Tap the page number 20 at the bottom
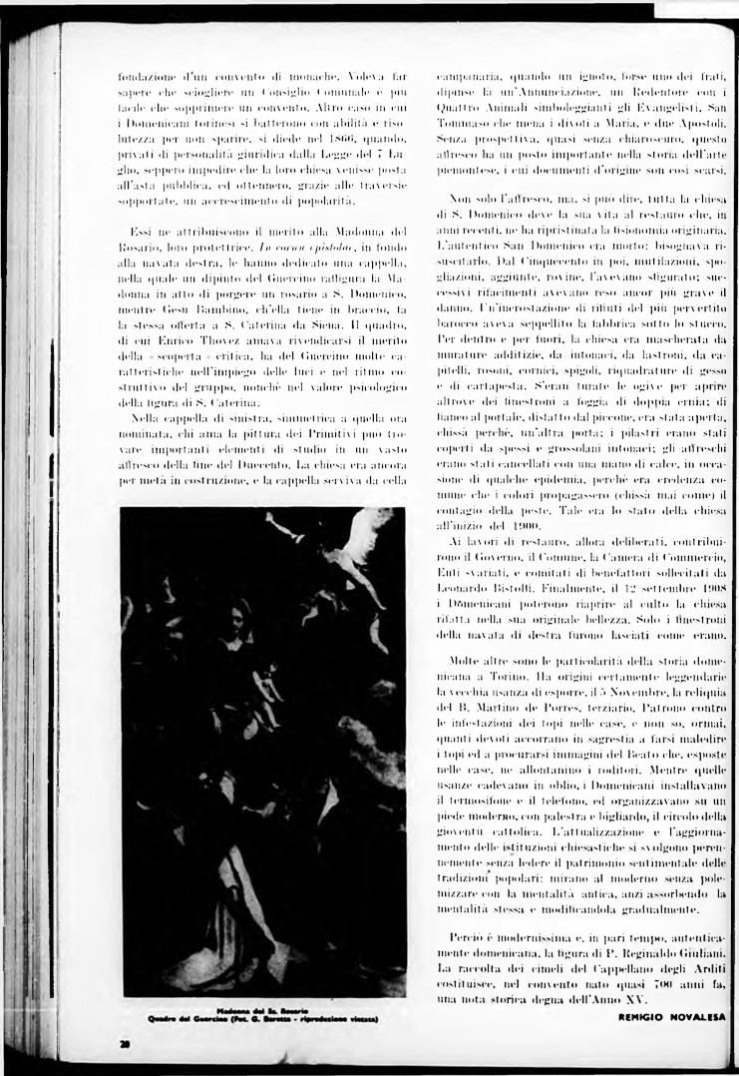click(x=125, y=1043)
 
